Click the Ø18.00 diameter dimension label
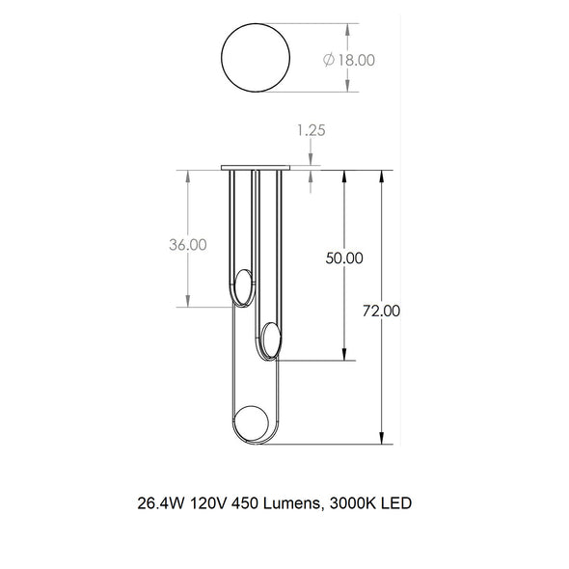(x=350, y=60)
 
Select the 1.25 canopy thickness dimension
(x=311, y=130)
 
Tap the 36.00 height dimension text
(x=186, y=245)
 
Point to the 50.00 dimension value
(x=344, y=258)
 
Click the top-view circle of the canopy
(x=256, y=58)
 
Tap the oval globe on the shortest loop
(x=244, y=288)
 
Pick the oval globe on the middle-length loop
(x=270, y=340)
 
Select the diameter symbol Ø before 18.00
(x=329, y=60)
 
